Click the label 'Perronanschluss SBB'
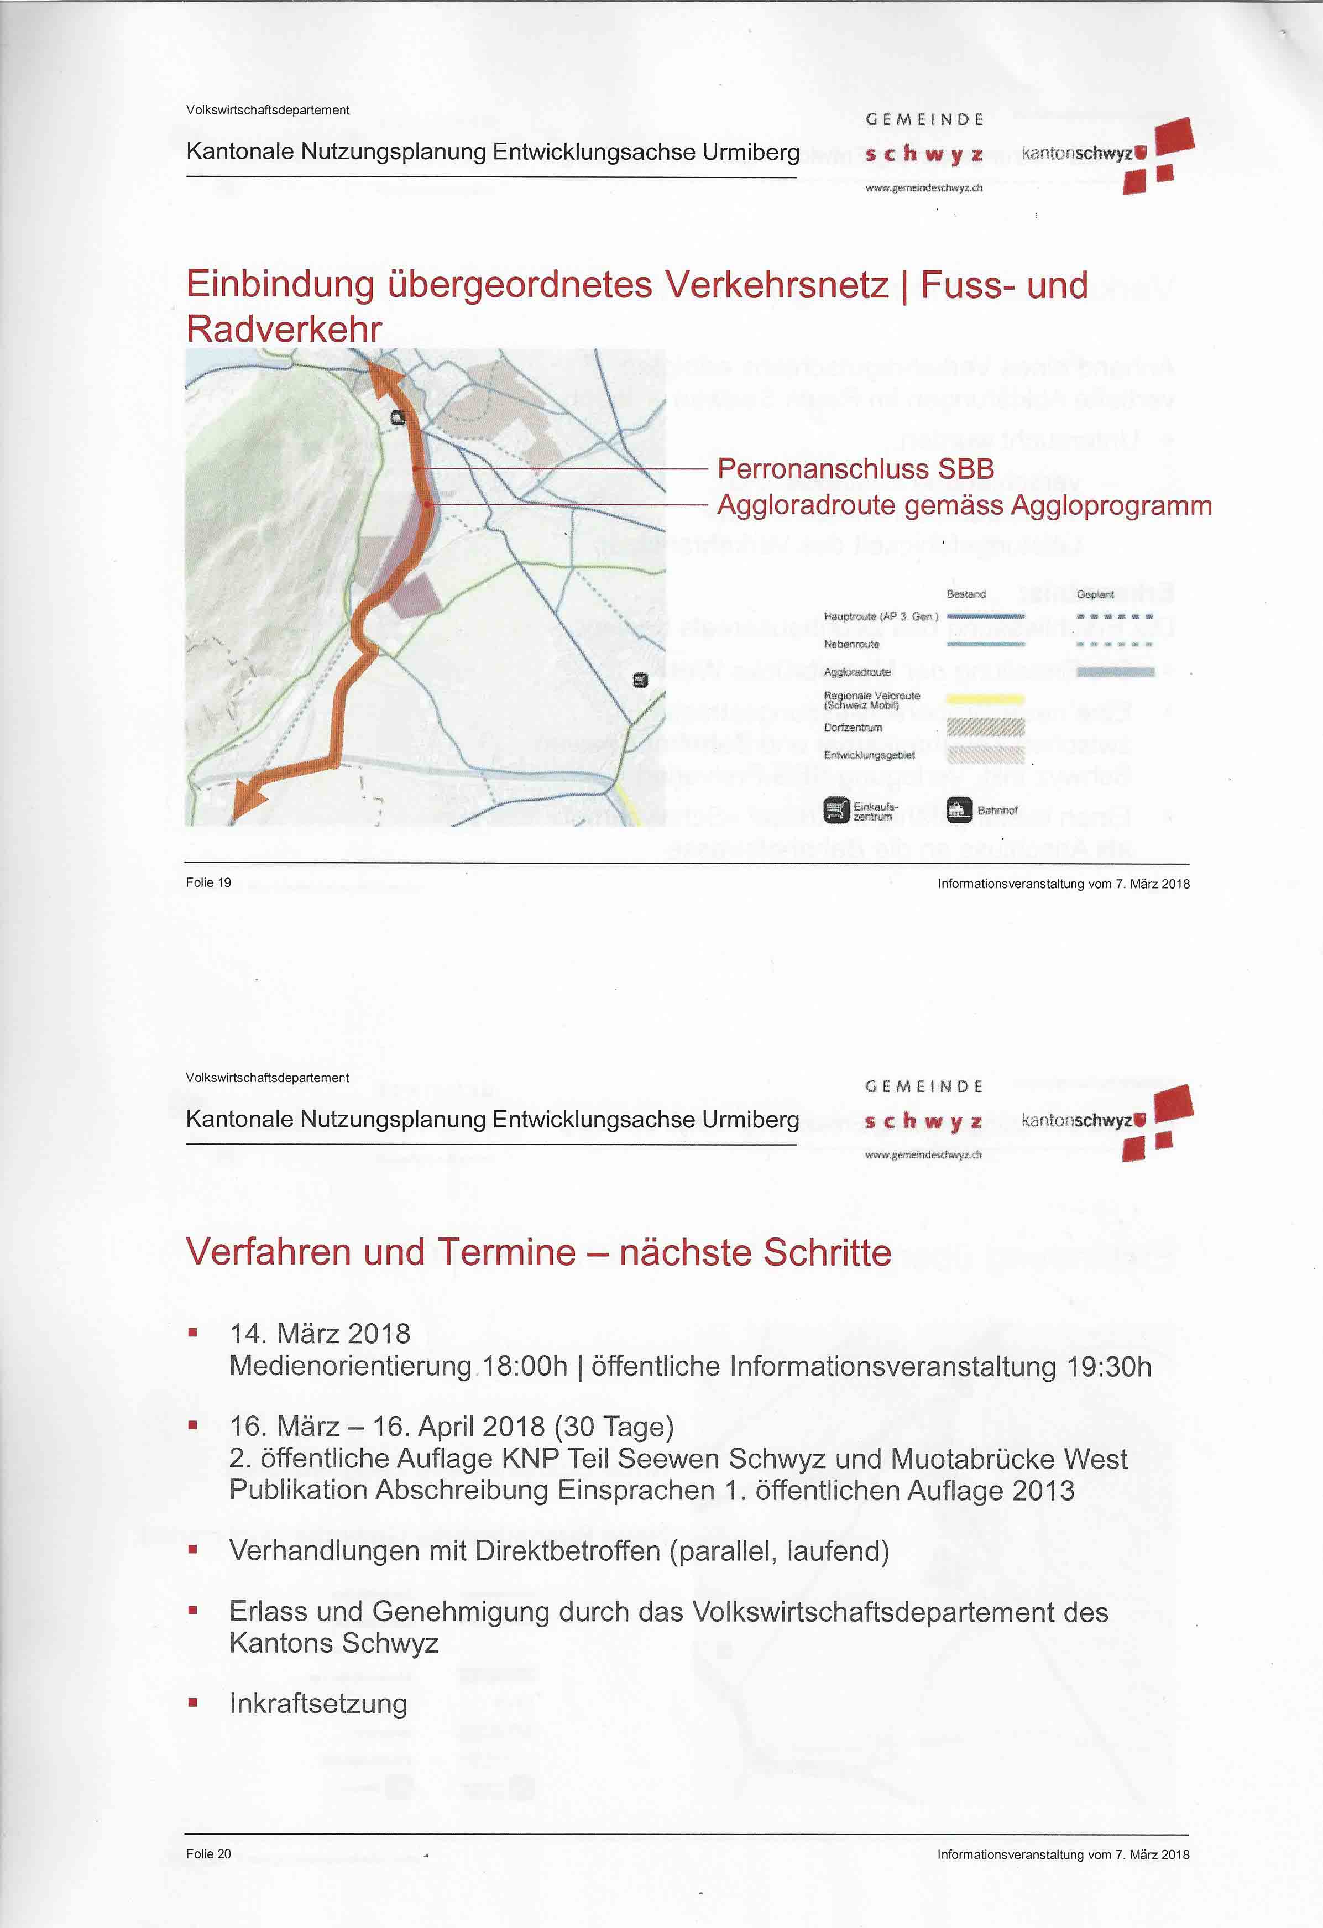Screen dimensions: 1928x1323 coord(855,469)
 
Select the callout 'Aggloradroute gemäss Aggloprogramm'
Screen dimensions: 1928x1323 coord(964,505)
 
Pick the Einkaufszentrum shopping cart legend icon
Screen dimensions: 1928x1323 coord(836,809)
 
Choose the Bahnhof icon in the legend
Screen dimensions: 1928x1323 coord(959,809)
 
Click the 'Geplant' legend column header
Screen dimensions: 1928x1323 coord(1095,594)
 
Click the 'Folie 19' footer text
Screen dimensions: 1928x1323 coord(208,882)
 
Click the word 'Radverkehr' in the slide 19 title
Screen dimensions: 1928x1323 coord(284,328)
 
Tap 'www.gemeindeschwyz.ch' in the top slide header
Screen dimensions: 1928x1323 coord(923,189)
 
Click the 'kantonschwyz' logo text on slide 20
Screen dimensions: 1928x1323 coord(1076,1120)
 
